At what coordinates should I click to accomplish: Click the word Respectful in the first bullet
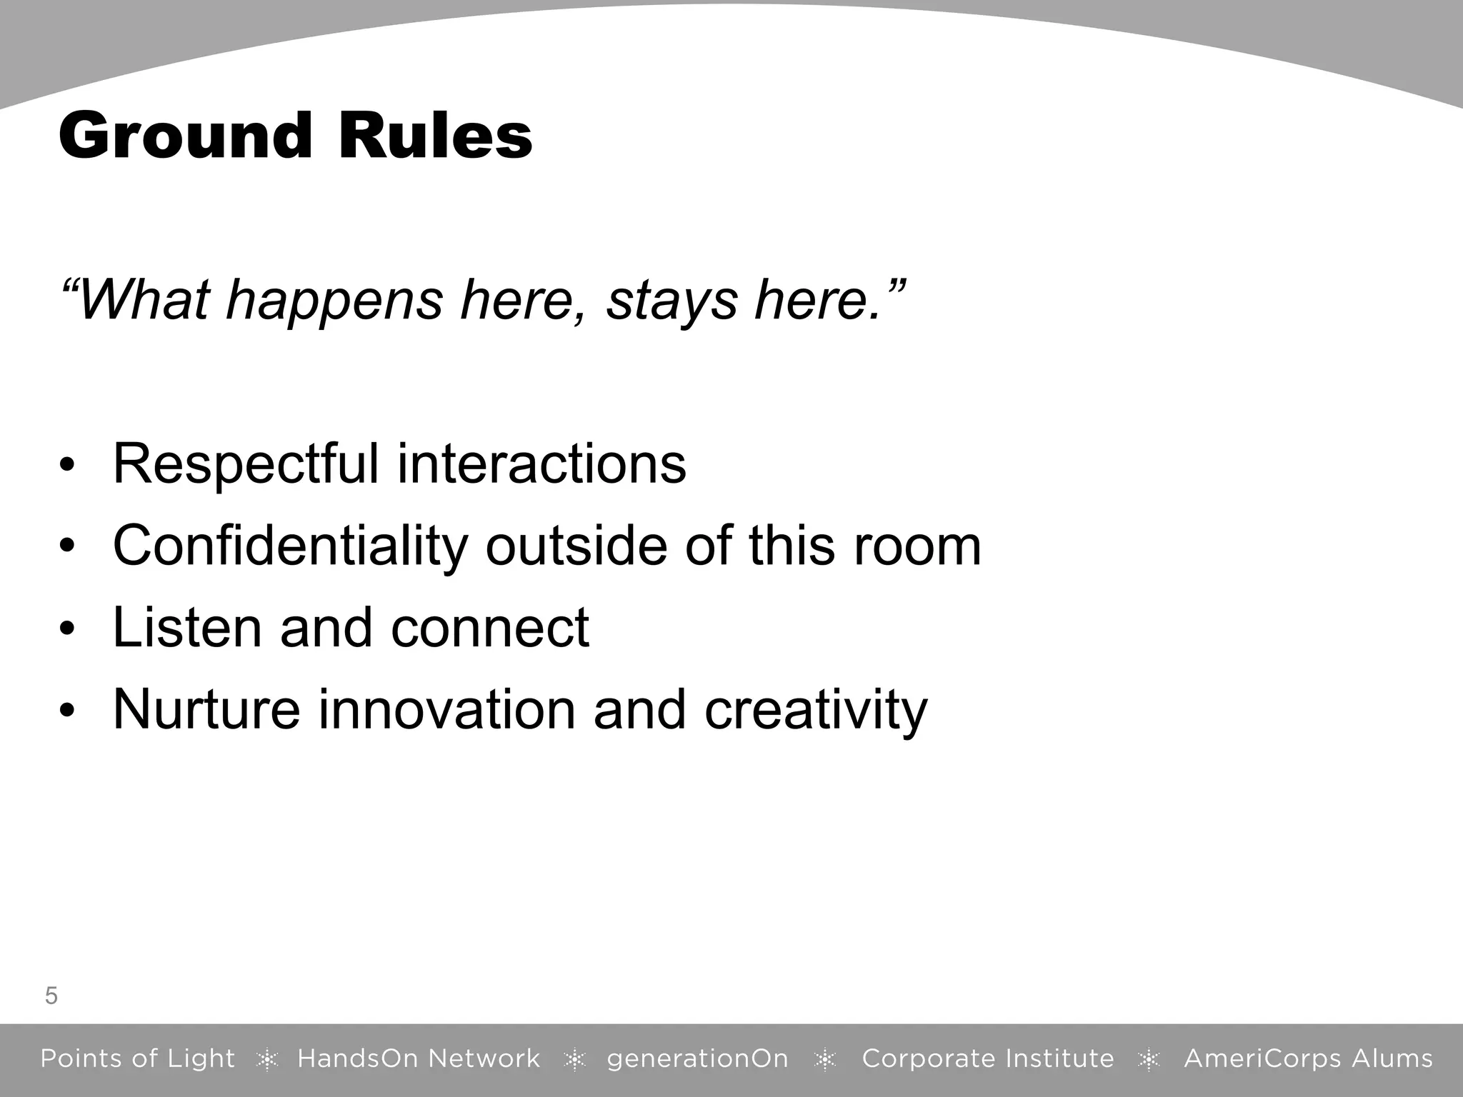[245, 464]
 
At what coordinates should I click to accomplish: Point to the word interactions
[541, 464]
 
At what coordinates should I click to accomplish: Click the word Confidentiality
[289, 546]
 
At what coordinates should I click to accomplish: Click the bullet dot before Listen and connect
[67, 629]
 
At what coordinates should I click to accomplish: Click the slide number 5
[51, 996]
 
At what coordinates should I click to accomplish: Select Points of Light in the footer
[137, 1058]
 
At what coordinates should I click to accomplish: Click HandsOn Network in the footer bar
[419, 1058]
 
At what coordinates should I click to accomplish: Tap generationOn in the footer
[697, 1058]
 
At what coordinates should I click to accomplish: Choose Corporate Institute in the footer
[988, 1058]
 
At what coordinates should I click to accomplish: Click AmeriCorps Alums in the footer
[1308, 1058]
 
